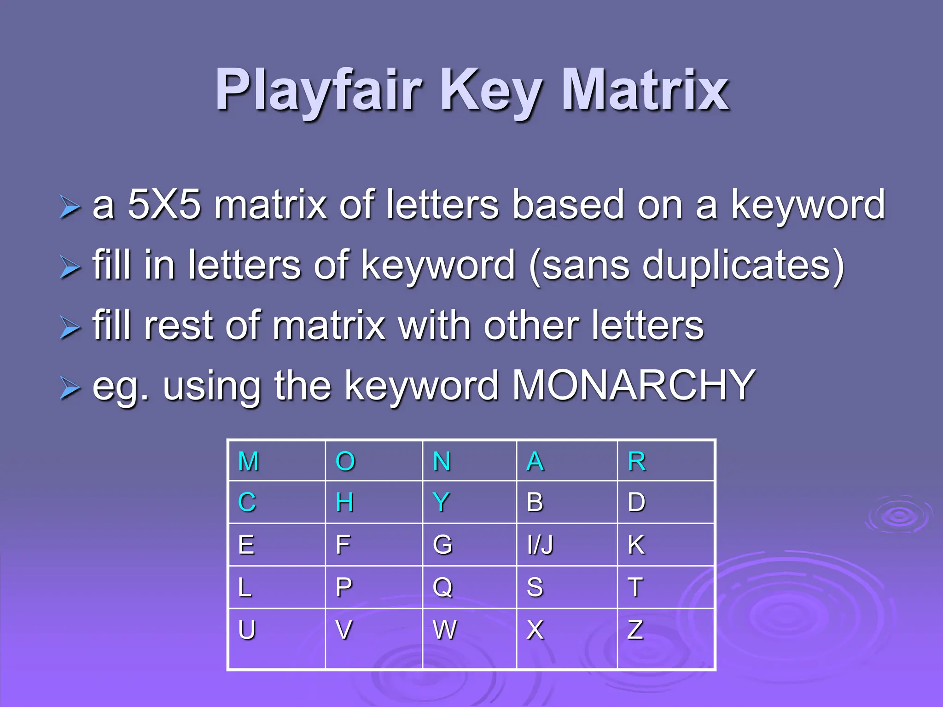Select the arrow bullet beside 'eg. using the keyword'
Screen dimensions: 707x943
point(70,387)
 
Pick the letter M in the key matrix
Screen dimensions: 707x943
point(249,461)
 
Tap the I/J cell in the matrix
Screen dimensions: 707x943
point(540,545)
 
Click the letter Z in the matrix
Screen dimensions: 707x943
point(635,630)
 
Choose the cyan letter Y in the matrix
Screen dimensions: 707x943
point(441,502)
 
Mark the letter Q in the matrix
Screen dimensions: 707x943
point(442,587)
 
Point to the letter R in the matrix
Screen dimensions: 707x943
point(637,461)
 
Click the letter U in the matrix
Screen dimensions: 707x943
point(247,630)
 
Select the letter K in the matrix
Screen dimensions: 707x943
point(636,545)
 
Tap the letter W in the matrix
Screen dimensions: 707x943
point(445,630)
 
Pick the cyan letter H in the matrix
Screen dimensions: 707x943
point(344,502)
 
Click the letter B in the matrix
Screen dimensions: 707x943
point(535,502)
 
